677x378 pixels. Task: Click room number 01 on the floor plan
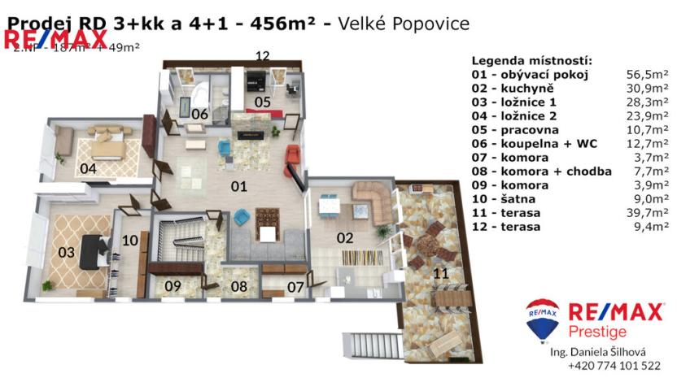click(x=238, y=186)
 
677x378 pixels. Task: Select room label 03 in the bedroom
click(x=65, y=253)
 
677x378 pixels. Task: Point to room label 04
click(x=89, y=169)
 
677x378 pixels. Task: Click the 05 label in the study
click(x=261, y=102)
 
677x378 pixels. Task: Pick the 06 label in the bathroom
click(x=199, y=114)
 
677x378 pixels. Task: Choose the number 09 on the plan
click(x=172, y=286)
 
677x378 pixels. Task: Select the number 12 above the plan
click(x=261, y=55)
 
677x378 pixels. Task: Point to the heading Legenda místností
click(x=531, y=61)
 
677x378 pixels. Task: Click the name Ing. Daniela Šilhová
click(x=599, y=351)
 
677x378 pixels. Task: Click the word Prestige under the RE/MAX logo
click(x=597, y=332)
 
